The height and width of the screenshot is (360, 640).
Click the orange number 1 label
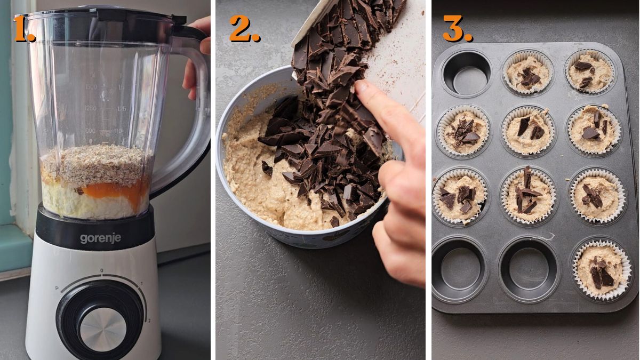point(24,30)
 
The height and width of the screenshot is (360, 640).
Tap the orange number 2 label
point(244,29)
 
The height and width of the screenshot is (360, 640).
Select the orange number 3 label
point(457,29)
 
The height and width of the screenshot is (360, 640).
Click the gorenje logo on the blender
point(100,238)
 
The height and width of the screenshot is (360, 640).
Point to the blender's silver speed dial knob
point(103,330)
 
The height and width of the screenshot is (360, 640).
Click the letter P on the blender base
point(57,288)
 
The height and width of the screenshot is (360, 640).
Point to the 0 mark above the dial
point(102,271)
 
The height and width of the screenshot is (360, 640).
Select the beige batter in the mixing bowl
point(256,181)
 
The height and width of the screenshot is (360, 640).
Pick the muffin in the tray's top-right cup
point(589,72)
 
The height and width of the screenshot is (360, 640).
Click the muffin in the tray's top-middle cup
point(527,75)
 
